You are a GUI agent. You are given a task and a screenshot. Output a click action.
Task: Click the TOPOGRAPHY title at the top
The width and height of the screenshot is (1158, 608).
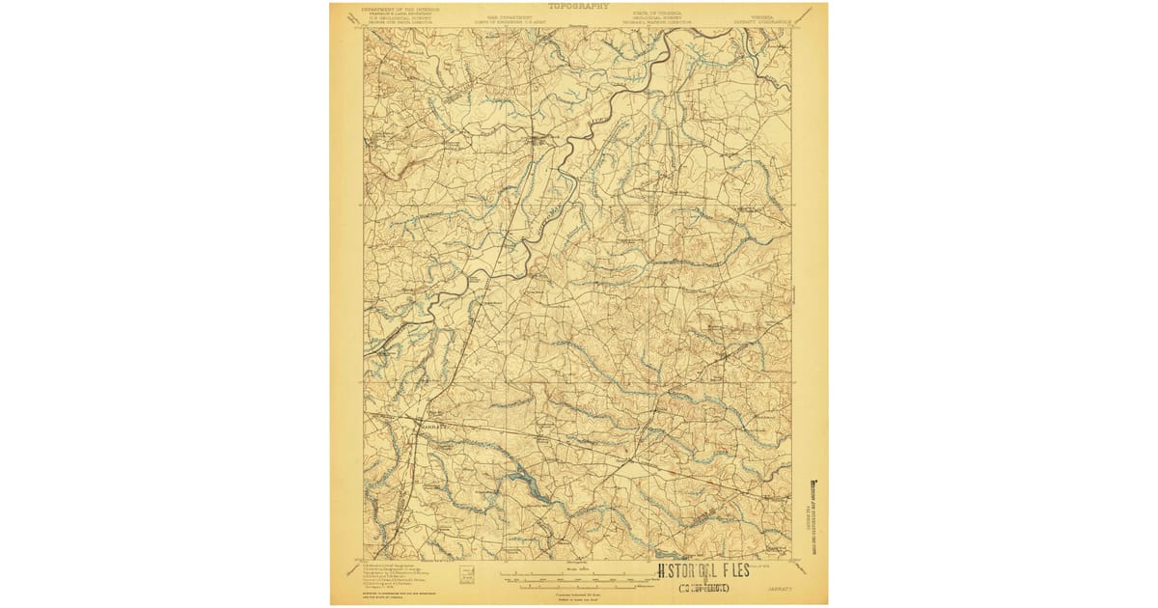(x=579, y=6)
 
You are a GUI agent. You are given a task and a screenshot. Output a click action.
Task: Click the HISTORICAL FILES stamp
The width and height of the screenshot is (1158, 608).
(x=703, y=570)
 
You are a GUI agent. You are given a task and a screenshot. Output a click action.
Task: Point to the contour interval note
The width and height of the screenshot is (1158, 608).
(x=579, y=594)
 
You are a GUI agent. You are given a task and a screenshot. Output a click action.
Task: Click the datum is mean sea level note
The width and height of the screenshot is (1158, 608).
(x=579, y=599)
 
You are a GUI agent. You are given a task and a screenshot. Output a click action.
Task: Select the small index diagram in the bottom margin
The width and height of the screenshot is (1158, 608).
(x=467, y=574)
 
